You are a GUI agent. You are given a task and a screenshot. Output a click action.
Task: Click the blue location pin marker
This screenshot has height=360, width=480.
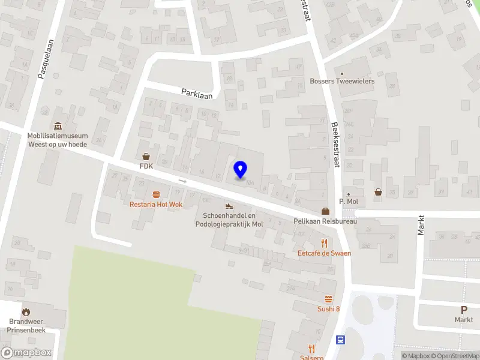(x=240, y=170)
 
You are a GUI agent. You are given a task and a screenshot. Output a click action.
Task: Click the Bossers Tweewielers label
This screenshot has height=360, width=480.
(x=342, y=81)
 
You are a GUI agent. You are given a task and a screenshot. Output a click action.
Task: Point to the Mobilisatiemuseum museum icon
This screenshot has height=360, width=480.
(x=58, y=126)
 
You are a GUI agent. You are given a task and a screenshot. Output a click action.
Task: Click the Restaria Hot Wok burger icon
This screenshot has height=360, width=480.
(x=156, y=194)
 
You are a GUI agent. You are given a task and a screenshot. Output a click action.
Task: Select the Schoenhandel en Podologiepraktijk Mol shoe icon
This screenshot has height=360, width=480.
(x=229, y=206)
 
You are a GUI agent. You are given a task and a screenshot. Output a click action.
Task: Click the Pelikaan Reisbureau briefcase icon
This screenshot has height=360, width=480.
(x=325, y=211)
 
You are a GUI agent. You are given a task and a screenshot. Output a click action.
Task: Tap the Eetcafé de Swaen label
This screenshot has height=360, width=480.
(x=325, y=253)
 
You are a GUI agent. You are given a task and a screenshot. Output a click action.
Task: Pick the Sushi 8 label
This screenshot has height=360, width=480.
(x=328, y=309)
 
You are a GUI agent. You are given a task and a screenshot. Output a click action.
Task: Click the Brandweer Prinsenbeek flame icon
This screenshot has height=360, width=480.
(x=26, y=311)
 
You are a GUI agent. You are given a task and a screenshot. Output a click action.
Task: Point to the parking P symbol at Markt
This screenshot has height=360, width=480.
(x=463, y=310)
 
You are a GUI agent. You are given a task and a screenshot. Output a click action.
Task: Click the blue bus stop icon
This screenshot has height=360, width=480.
(x=340, y=340)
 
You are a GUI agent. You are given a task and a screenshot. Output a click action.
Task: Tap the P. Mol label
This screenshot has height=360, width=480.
(x=347, y=201)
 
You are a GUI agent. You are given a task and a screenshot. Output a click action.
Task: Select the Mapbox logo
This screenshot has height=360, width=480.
(x=26, y=353)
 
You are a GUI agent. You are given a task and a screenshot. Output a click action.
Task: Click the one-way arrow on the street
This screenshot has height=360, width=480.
(x=183, y=181)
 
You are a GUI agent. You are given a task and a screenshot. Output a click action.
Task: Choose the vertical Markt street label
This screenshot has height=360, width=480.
(x=421, y=225)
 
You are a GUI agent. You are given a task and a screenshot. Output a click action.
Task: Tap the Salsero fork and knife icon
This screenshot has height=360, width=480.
(x=311, y=348)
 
